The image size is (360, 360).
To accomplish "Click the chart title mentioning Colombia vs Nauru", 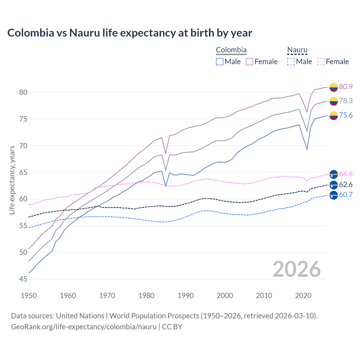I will [130, 33].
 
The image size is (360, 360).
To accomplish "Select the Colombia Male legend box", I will [220, 62].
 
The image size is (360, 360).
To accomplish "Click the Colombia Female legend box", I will [249, 62].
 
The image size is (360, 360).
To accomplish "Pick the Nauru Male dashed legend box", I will [291, 62].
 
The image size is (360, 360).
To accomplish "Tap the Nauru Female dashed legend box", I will [321, 62].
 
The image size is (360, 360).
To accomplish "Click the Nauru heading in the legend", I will [297, 50].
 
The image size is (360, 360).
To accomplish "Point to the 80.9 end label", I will [346, 87].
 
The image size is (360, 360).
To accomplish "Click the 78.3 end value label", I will [346, 101].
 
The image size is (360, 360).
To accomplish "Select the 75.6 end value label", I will [346, 115].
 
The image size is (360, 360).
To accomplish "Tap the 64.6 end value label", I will [346, 174].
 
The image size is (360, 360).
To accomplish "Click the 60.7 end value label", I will [346, 195].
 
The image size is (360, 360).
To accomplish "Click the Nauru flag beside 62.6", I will [334, 185].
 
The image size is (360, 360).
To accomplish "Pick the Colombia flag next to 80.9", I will [334, 87].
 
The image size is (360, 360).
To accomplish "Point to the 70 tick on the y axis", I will [23, 146].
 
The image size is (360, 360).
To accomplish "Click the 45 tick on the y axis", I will [23, 279].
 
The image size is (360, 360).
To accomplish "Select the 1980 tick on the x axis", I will [146, 296].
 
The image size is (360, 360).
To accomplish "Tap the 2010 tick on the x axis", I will [264, 296].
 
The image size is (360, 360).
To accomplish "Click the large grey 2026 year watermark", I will [296, 269].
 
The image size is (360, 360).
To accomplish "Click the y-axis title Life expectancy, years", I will [12, 180].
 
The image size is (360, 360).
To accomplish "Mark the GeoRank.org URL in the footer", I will [84, 327].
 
